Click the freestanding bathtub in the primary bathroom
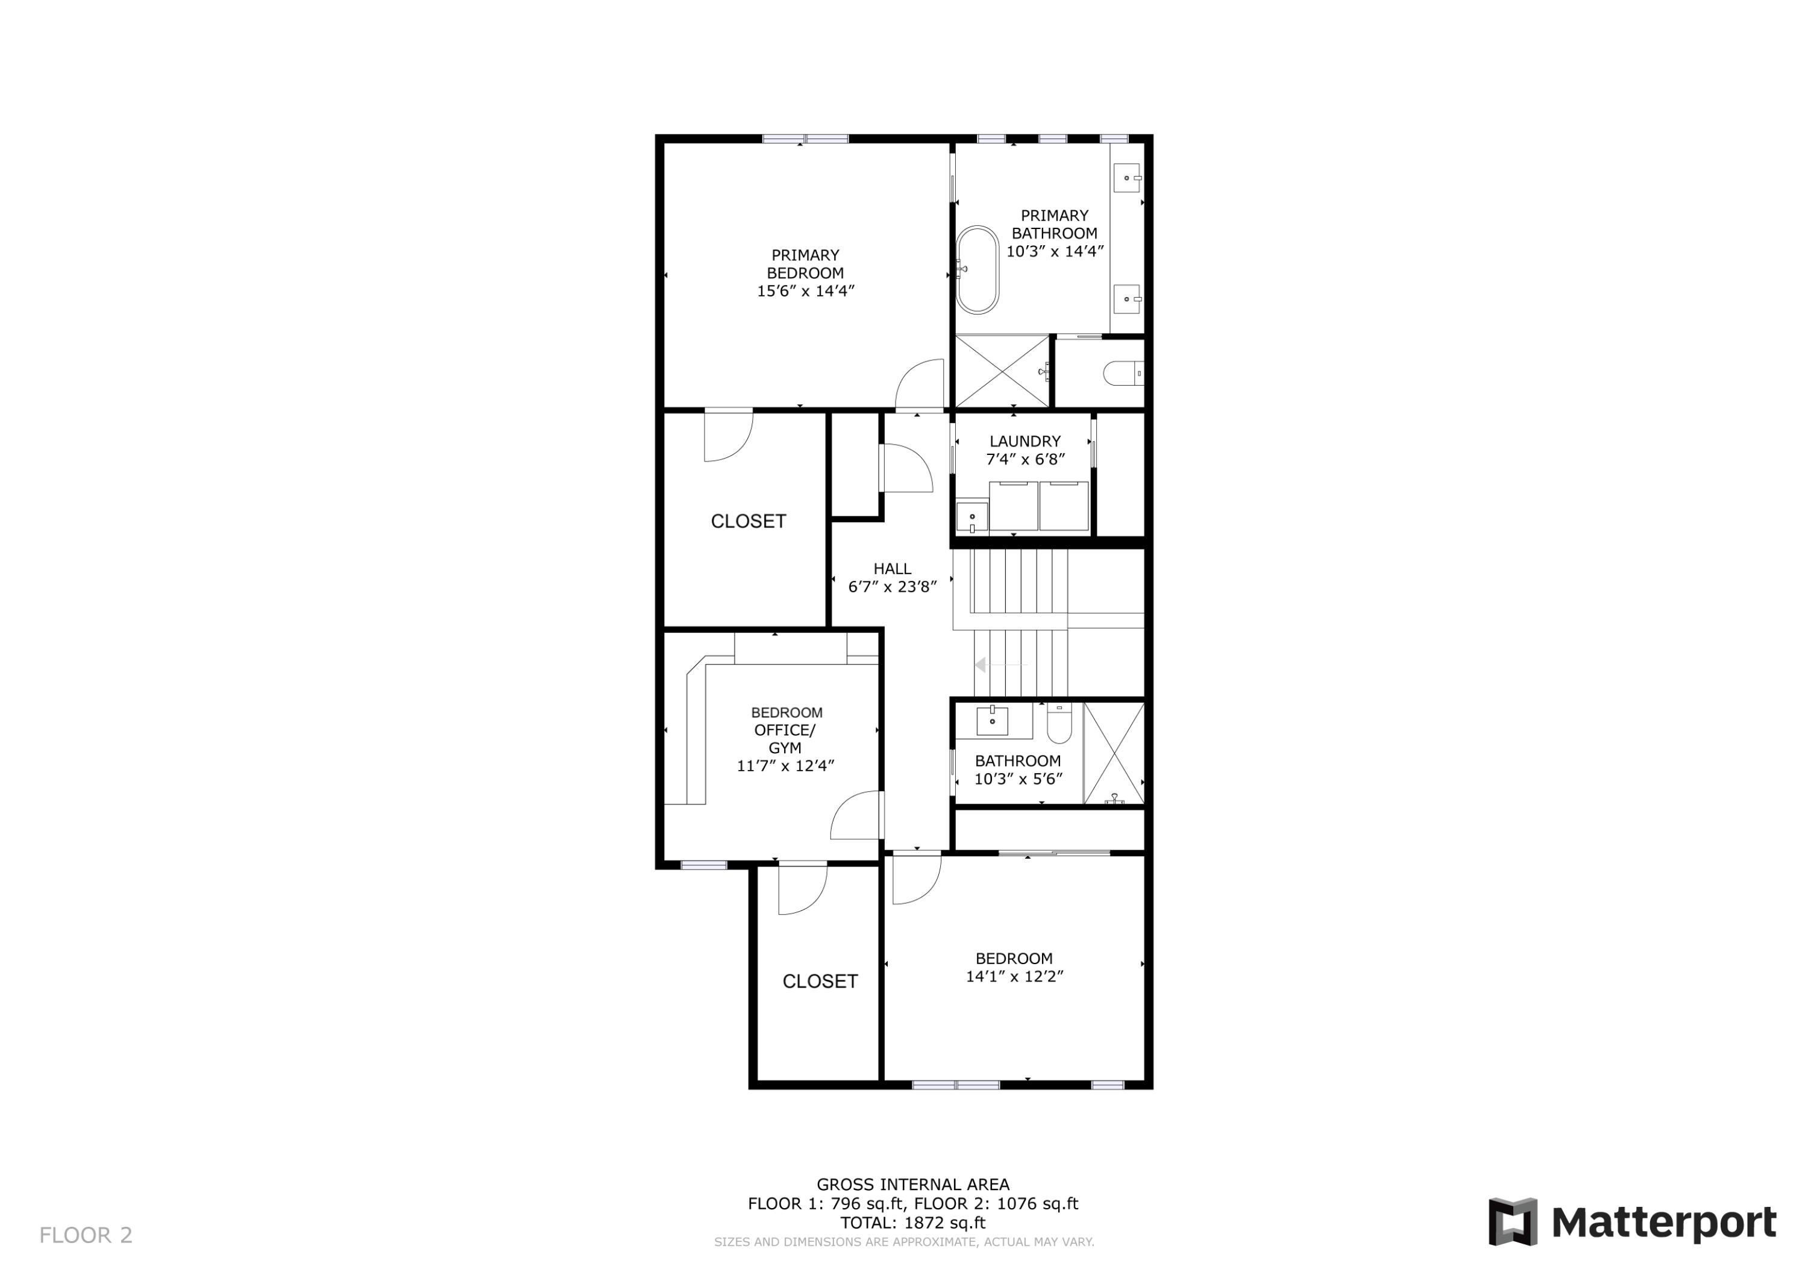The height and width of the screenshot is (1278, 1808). tap(978, 270)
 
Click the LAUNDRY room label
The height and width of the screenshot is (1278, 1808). tap(1025, 442)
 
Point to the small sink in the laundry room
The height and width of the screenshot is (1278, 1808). tap(971, 518)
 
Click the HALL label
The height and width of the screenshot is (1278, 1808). tap(891, 569)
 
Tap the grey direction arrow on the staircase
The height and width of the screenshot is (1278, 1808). tap(981, 665)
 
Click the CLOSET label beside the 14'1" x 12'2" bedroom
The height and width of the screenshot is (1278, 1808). tap(819, 981)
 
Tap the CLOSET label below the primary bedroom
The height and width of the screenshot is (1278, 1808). tap(747, 521)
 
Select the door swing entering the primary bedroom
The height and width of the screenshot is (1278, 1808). tap(920, 384)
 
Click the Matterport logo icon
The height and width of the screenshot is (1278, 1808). tap(1512, 1222)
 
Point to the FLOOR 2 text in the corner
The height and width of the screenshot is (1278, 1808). tap(86, 1235)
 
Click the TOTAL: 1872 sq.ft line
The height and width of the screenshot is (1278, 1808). tap(912, 1223)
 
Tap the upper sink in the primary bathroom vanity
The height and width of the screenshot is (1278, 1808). tap(1128, 178)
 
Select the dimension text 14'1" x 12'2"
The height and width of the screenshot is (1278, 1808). tap(1014, 976)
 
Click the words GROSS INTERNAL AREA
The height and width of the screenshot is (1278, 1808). tap(912, 1184)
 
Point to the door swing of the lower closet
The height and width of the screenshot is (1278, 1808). tap(802, 890)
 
